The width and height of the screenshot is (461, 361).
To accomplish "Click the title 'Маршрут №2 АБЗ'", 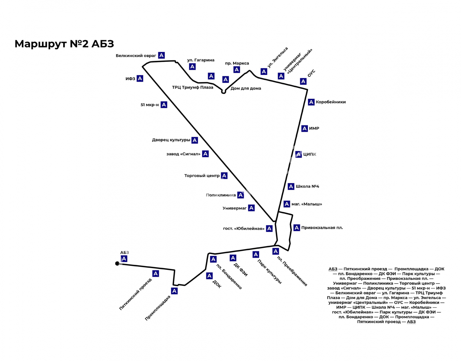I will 64,44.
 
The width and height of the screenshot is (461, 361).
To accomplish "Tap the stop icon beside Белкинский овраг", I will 161,55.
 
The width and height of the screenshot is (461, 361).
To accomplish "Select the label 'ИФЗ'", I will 130,79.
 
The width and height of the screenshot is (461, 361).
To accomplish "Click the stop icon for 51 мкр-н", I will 164,105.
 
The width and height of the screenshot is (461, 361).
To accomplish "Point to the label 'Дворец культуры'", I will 171,140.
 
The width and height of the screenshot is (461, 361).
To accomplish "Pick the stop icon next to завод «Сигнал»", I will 206,154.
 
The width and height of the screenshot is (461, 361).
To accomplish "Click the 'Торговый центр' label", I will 202,175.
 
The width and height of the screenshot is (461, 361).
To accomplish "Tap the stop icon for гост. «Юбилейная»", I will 269,229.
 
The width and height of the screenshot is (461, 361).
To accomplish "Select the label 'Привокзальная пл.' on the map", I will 322,228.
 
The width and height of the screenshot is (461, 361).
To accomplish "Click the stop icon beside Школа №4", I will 291,186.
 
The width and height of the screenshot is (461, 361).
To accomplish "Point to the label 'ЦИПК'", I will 310,154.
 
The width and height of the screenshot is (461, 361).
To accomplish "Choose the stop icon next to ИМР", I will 304,128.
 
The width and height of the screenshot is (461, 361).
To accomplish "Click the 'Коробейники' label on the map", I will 331,102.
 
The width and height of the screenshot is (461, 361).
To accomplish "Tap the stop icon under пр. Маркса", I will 237,70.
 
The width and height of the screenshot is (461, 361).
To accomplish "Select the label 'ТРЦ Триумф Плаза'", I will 193,88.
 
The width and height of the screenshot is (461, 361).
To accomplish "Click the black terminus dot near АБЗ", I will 117,263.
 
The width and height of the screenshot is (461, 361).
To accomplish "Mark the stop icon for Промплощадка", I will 174,291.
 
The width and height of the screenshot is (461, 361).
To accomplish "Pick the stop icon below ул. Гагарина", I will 192,67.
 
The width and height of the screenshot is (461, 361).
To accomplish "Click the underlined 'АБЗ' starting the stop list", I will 333,269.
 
